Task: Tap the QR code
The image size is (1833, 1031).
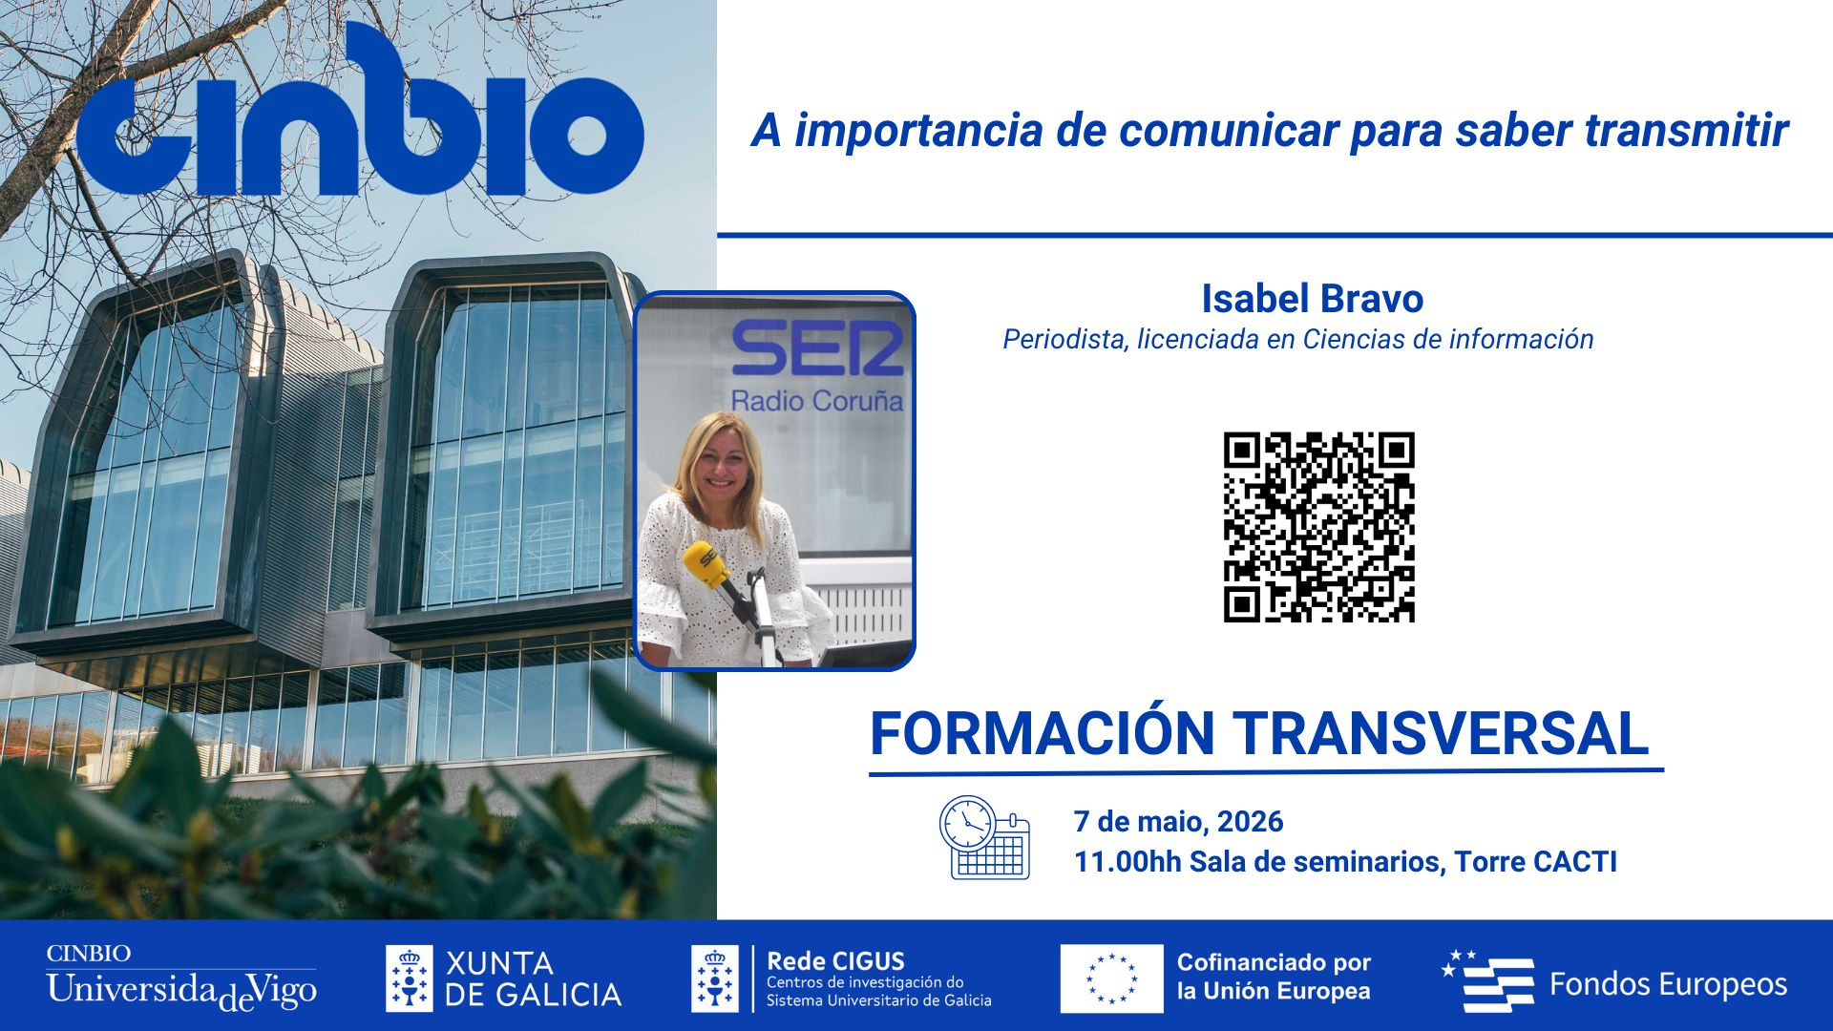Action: [x=1318, y=527]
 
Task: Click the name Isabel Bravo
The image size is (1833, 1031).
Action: [x=1312, y=299]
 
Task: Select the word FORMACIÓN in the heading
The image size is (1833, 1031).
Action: [x=1042, y=733]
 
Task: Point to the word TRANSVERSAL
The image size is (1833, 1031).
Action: [x=1443, y=733]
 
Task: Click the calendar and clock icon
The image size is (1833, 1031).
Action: [x=984, y=837]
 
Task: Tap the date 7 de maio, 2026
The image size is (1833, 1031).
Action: [x=1178, y=821]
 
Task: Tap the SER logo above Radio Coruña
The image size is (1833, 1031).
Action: [x=817, y=348]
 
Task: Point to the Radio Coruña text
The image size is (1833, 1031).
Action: [x=816, y=401]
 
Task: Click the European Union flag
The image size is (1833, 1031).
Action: [x=1111, y=978]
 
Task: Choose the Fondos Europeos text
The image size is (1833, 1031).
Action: [x=1667, y=984]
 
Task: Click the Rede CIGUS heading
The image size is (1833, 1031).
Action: [x=835, y=961]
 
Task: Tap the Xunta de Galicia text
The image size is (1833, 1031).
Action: [x=533, y=978]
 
